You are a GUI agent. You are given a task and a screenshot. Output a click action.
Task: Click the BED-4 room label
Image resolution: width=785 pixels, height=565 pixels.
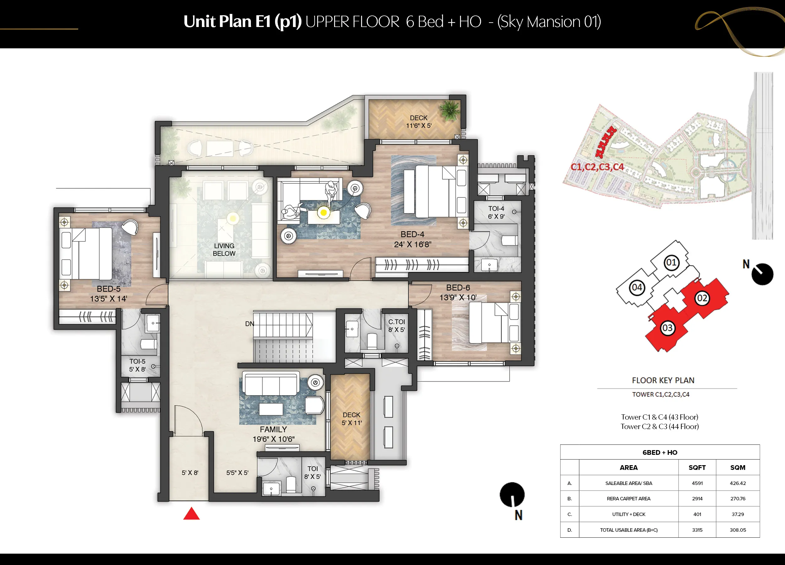coord(412,234)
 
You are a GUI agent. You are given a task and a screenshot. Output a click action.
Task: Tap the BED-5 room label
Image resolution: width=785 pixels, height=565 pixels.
coord(108,289)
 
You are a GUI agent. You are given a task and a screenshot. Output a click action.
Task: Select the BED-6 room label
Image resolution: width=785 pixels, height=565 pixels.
coord(458,288)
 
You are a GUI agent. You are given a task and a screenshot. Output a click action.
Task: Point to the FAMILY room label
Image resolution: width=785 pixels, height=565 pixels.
coord(273,429)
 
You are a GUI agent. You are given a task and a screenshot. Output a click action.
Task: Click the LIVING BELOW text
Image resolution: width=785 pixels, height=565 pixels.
coord(224,250)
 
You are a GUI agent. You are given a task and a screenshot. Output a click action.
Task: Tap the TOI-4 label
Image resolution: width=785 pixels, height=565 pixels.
coord(496,209)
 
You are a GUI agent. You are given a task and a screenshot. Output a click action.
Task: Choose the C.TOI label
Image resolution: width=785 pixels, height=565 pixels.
coord(396,322)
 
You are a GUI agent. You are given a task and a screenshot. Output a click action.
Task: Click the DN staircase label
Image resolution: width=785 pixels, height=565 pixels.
coord(250,324)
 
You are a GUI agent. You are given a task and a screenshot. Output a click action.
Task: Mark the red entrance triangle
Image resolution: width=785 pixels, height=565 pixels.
coord(192,514)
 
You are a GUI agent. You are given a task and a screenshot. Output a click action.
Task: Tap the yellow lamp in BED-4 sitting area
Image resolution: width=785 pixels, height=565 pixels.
coord(324,213)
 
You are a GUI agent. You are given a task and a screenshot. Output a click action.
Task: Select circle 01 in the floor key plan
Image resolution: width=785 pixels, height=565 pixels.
coord(671,262)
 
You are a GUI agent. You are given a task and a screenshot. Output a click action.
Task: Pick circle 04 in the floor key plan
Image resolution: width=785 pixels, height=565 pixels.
coord(637,288)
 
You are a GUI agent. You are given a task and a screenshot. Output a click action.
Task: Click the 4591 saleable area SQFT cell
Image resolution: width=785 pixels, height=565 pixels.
coord(697,483)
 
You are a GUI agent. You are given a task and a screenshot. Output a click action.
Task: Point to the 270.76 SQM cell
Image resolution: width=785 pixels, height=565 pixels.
coord(738,498)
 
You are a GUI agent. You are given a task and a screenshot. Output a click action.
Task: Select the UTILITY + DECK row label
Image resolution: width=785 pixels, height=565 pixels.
coord(629,514)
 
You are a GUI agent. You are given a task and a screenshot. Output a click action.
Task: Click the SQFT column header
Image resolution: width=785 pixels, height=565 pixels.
coord(697,468)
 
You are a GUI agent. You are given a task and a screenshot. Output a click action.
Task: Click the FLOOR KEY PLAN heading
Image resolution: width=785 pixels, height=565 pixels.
coord(663,380)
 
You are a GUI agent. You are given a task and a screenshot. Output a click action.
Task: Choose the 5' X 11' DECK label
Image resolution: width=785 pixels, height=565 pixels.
coord(352,423)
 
